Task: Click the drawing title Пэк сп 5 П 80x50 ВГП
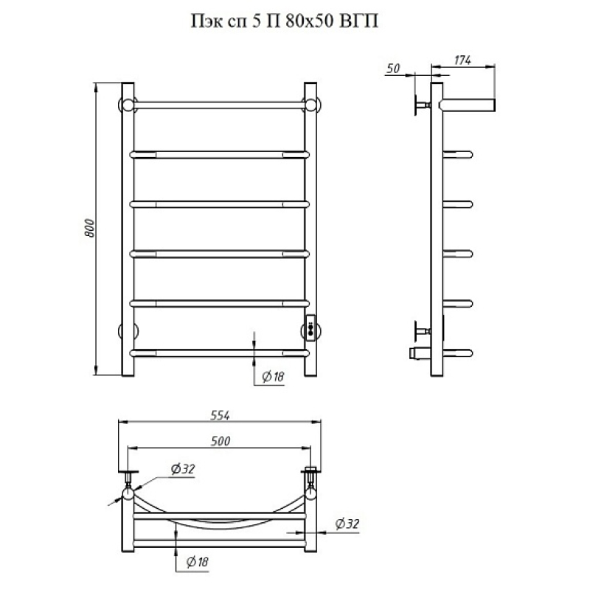285,21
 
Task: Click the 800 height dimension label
89,228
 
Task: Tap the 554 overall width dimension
220,415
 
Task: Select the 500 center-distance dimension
220,441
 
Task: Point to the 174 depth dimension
462,60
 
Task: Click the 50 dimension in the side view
393,69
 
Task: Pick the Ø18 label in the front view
273,376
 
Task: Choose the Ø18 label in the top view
197,562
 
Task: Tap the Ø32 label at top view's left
182,469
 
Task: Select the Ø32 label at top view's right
347,524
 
